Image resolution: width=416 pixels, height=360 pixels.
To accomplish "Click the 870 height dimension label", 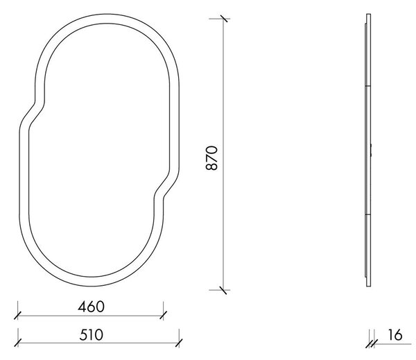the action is point(211,157).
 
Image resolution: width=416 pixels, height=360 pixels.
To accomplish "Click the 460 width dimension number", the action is point(91,307).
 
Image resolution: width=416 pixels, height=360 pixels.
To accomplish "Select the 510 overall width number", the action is point(91,335).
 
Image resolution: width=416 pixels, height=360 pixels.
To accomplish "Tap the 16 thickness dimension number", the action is point(395,335).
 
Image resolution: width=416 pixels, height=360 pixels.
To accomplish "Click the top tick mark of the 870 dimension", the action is point(224,19).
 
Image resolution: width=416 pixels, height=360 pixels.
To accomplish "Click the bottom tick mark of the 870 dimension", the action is point(223,290).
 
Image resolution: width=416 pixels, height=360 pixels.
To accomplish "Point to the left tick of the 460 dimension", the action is point(17,316).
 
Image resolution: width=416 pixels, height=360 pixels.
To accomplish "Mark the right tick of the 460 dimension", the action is point(163,316).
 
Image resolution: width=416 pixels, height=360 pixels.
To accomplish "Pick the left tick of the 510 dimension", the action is point(17,343).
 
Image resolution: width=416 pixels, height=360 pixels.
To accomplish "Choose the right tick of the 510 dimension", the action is point(179,343).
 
